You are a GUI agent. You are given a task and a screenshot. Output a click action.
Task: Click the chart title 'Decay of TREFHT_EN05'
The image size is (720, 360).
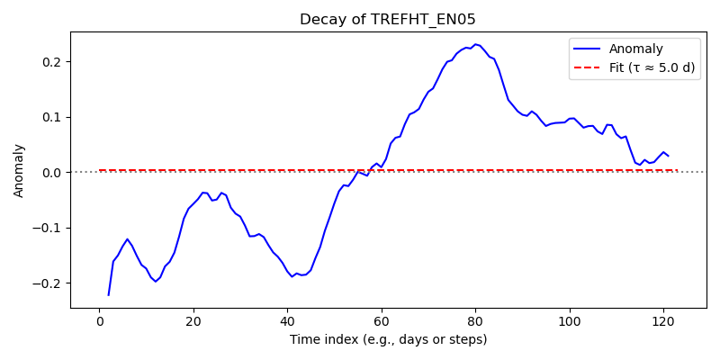point(388,20)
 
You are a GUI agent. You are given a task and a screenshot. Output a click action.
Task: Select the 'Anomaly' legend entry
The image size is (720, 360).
point(635,49)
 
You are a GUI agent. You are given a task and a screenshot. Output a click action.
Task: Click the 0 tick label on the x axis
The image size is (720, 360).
point(99,319)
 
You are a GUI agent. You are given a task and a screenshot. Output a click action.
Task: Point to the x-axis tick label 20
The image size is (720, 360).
point(193,319)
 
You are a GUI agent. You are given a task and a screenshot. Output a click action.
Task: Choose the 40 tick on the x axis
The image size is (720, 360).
point(287,319)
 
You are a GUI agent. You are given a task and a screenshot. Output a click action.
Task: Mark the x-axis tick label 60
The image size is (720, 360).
point(382,319)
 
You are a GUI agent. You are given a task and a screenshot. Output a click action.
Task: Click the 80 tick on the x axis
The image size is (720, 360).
point(476,319)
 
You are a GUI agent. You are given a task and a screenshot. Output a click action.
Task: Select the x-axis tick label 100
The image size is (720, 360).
point(570,319)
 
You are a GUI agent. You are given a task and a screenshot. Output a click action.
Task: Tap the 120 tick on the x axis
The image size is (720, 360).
point(664,319)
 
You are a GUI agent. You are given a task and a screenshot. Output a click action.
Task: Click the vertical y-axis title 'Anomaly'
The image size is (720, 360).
point(18,171)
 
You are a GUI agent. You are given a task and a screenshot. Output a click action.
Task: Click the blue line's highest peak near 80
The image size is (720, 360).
point(476,44)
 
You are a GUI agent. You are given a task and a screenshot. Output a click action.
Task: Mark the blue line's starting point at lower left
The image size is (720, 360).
point(108,295)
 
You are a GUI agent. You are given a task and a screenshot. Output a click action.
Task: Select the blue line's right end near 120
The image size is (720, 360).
point(669,156)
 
